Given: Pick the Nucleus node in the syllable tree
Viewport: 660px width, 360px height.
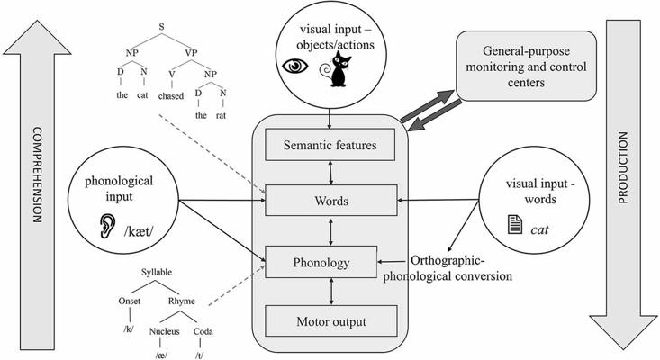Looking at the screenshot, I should (x=167, y=330).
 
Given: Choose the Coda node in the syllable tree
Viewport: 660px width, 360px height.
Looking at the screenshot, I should (x=203, y=330).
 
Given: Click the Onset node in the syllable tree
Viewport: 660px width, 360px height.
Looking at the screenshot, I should (x=131, y=301).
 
